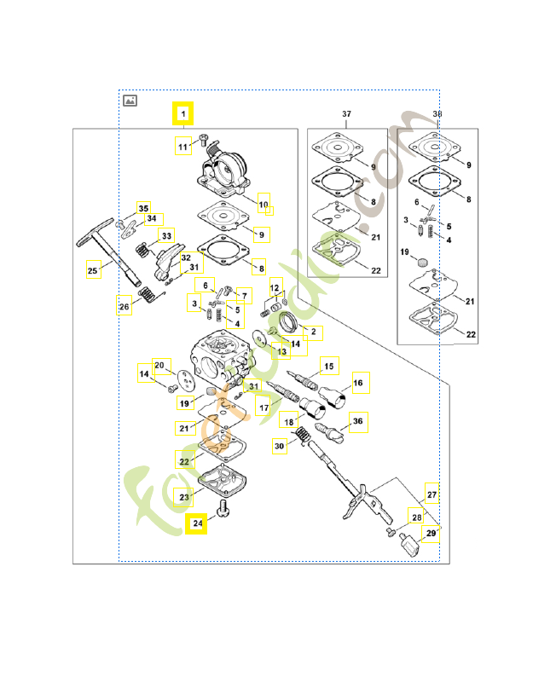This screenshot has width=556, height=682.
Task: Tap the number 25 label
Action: click(93, 271)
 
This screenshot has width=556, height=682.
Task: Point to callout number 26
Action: click(125, 306)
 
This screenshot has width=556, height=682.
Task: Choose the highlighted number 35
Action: click(143, 208)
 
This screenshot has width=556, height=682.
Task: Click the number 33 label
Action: click(166, 235)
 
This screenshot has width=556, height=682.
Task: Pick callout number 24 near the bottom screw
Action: click(197, 523)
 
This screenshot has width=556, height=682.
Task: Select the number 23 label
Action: click(184, 497)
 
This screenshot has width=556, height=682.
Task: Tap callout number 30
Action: click(279, 445)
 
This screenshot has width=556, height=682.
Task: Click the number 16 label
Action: click(357, 384)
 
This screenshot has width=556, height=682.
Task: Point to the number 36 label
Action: click(357, 420)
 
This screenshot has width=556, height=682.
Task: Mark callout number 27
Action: click(432, 494)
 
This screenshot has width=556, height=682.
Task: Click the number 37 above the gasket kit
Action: click(346, 113)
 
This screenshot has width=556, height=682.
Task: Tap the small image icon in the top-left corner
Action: click(130, 100)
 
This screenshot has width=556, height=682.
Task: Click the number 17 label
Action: click(264, 407)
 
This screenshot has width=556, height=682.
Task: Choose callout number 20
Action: click(159, 366)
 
